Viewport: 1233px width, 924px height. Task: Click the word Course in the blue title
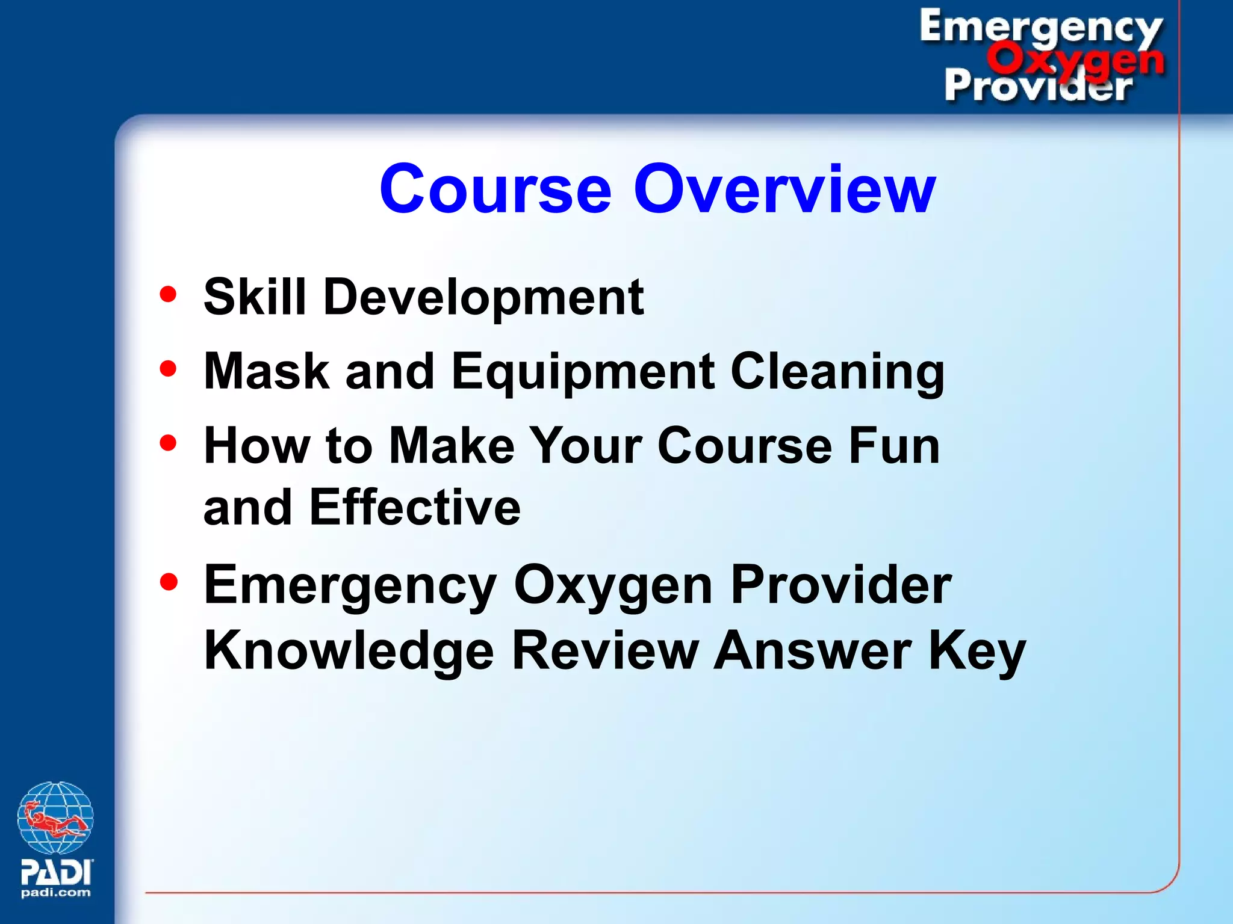[x=495, y=189]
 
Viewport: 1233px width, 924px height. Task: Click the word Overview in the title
[x=784, y=189]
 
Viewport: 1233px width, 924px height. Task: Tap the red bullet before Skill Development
[x=169, y=294]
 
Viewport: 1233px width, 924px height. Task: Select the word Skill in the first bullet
[x=255, y=296]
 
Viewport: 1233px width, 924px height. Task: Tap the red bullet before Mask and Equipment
[x=169, y=368]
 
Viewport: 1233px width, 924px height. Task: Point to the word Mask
[x=267, y=371]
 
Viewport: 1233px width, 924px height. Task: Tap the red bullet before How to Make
[x=169, y=443]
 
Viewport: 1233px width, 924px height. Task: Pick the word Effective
[x=414, y=508]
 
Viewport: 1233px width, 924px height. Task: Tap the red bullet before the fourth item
[x=169, y=582]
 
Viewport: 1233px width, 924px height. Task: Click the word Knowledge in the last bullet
[x=349, y=651]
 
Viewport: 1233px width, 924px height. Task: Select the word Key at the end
[x=977, y=651]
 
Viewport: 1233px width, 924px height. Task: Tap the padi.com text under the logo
[x=55, y=893]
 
